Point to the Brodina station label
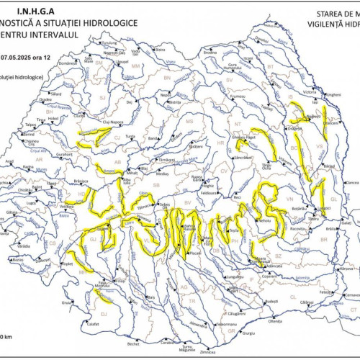click(210, 53)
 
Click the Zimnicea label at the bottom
click(208, 352)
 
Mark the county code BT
click(271, 66)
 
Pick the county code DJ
click(105, 314)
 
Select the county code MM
click(135, 67)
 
